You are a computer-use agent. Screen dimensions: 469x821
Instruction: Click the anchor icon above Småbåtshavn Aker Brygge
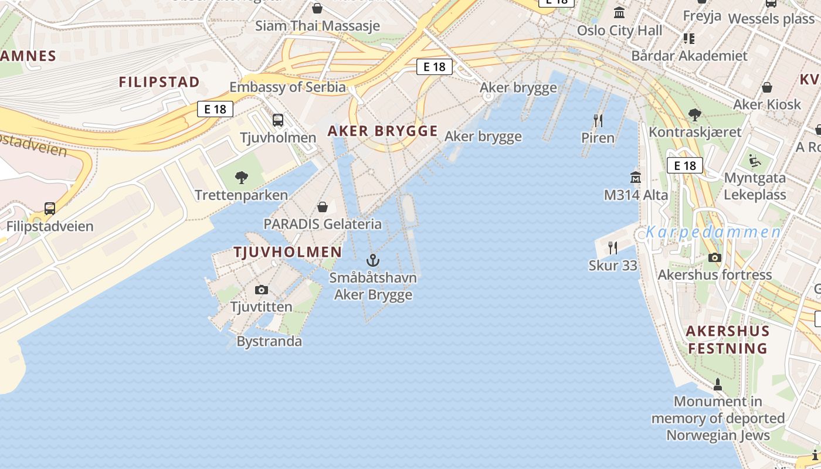(373, 260)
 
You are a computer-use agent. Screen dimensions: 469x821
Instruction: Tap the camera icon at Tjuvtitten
(262, 290)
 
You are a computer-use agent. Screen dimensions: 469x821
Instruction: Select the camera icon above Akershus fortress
(714, 257)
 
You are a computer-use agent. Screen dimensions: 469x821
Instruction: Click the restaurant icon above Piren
(598, 121)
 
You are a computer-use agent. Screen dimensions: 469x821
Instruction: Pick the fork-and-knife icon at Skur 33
(613, 248)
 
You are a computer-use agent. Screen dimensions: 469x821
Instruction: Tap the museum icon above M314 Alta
(636, 177)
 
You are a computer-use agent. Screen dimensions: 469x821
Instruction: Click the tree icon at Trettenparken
(241, 178)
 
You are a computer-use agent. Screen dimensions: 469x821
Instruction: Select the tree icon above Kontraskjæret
(695, 114)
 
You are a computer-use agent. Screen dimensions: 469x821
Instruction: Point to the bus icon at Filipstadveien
(50, 209)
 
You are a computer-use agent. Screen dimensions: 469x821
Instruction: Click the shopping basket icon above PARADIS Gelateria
(322, 207)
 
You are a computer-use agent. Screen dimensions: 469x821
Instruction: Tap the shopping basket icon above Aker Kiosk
(766, 88)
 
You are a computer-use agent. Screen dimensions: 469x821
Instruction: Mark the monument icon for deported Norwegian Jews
(717, 385)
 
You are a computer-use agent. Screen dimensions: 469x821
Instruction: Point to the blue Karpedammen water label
(713, 232)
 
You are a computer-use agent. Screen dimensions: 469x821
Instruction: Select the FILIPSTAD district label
(160, 82)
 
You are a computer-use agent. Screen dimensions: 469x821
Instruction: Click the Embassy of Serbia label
(287, 87)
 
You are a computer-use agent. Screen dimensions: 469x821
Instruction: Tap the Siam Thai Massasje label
(317, 26)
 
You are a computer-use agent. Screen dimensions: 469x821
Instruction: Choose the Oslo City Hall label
(619, 30)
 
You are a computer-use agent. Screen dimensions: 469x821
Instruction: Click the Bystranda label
(269, 341)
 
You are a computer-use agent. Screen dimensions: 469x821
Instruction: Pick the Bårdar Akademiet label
(689, 56)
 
